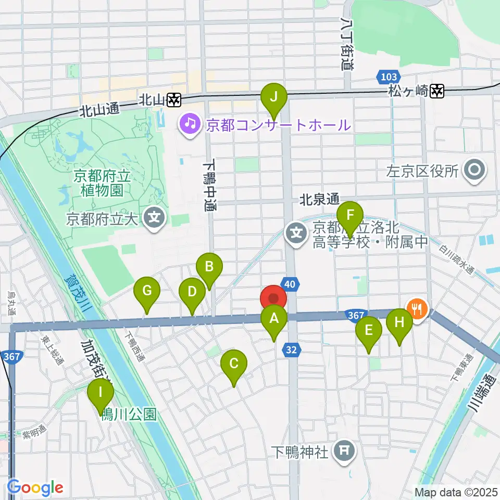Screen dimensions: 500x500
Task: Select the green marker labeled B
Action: coord(209,268)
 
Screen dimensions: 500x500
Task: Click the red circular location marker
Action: coord(273,299)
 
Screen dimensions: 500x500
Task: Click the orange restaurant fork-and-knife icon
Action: coord(417,308)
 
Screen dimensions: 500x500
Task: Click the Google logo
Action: coord(35,488)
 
